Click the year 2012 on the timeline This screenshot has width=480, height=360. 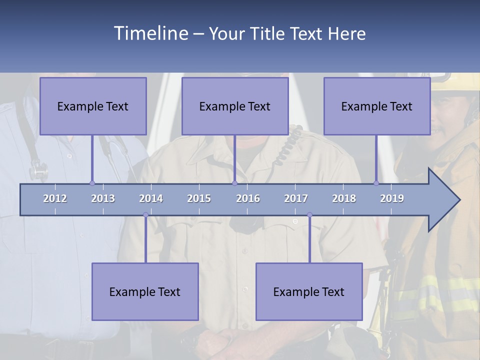click(x=55, y=198)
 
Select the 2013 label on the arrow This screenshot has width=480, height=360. click(x=103, y=198)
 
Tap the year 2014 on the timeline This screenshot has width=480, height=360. click(x=151, y=198)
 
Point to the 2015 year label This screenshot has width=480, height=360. click(x=199, y=198)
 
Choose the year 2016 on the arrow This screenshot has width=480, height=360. click(x=248, y=198)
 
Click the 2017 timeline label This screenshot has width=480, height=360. click(x=296, y=198)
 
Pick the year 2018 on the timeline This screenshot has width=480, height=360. click(x=344, y=198)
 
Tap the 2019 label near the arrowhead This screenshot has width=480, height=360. click(x=392, y=198)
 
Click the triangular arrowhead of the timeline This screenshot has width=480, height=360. click(x=442, y=200)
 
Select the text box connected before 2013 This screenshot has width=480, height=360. click(x=93, y=106)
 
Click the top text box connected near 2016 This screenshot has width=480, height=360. click(x=235, y=106)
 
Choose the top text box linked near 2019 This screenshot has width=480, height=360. click(x=377, y=106)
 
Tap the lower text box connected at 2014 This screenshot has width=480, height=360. click(x=145, y=291)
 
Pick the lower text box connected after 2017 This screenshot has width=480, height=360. click(x=309, y=291)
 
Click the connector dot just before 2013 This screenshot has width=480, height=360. click(x=92, y=183)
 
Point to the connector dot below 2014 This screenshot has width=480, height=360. click(x=145, y=215)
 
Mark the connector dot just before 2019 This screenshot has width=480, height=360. click(x=376, y=183)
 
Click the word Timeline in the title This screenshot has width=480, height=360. click(x=150, y=33)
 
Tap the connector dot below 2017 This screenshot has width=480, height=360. click(x=309, y=215)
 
